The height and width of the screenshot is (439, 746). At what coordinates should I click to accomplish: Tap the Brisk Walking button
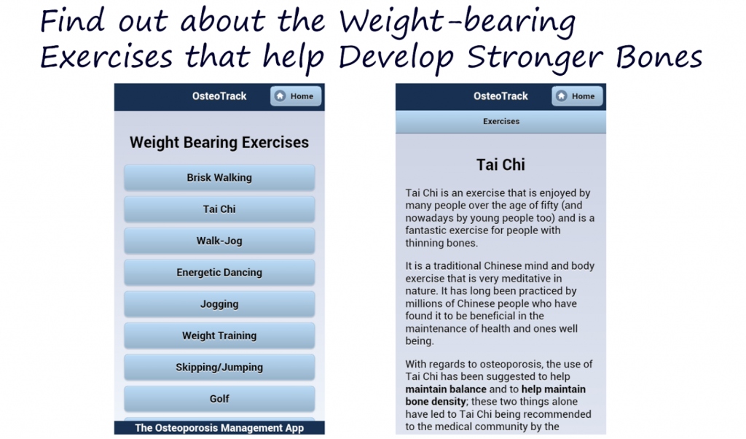(x=219, y=177)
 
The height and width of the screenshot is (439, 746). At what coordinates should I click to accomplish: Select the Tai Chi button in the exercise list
(x=219, y=209)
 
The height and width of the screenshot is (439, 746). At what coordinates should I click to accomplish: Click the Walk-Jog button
(x=219, y=241)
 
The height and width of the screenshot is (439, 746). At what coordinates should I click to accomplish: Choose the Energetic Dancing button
(x=219, y=273)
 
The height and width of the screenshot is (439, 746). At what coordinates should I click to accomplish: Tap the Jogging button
(x=219, y=304)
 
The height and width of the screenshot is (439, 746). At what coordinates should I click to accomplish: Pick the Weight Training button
(x=219, y=336)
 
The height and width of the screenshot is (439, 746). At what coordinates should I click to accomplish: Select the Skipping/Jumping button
(x=219, y=368)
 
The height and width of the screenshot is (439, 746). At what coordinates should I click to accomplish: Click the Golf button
(x=219, y=399)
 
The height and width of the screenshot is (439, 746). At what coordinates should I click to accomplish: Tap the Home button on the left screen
(x=296, y=96)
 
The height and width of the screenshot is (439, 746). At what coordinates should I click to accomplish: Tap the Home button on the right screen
(x=577, y=96)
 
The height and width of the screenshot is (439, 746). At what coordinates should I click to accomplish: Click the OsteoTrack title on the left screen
(x=219, y=96)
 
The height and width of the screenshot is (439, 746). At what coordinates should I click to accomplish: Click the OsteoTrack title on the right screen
(x=500, y=96)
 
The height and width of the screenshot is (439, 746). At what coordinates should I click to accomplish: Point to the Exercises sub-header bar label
(x=501, y=122)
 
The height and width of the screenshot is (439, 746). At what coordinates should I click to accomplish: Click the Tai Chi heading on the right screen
(x=500, y=165)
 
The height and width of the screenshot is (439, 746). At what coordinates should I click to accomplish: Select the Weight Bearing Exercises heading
(x=219, y=143)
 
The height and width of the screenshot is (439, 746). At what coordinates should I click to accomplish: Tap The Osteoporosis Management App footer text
(x=219, y=428)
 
